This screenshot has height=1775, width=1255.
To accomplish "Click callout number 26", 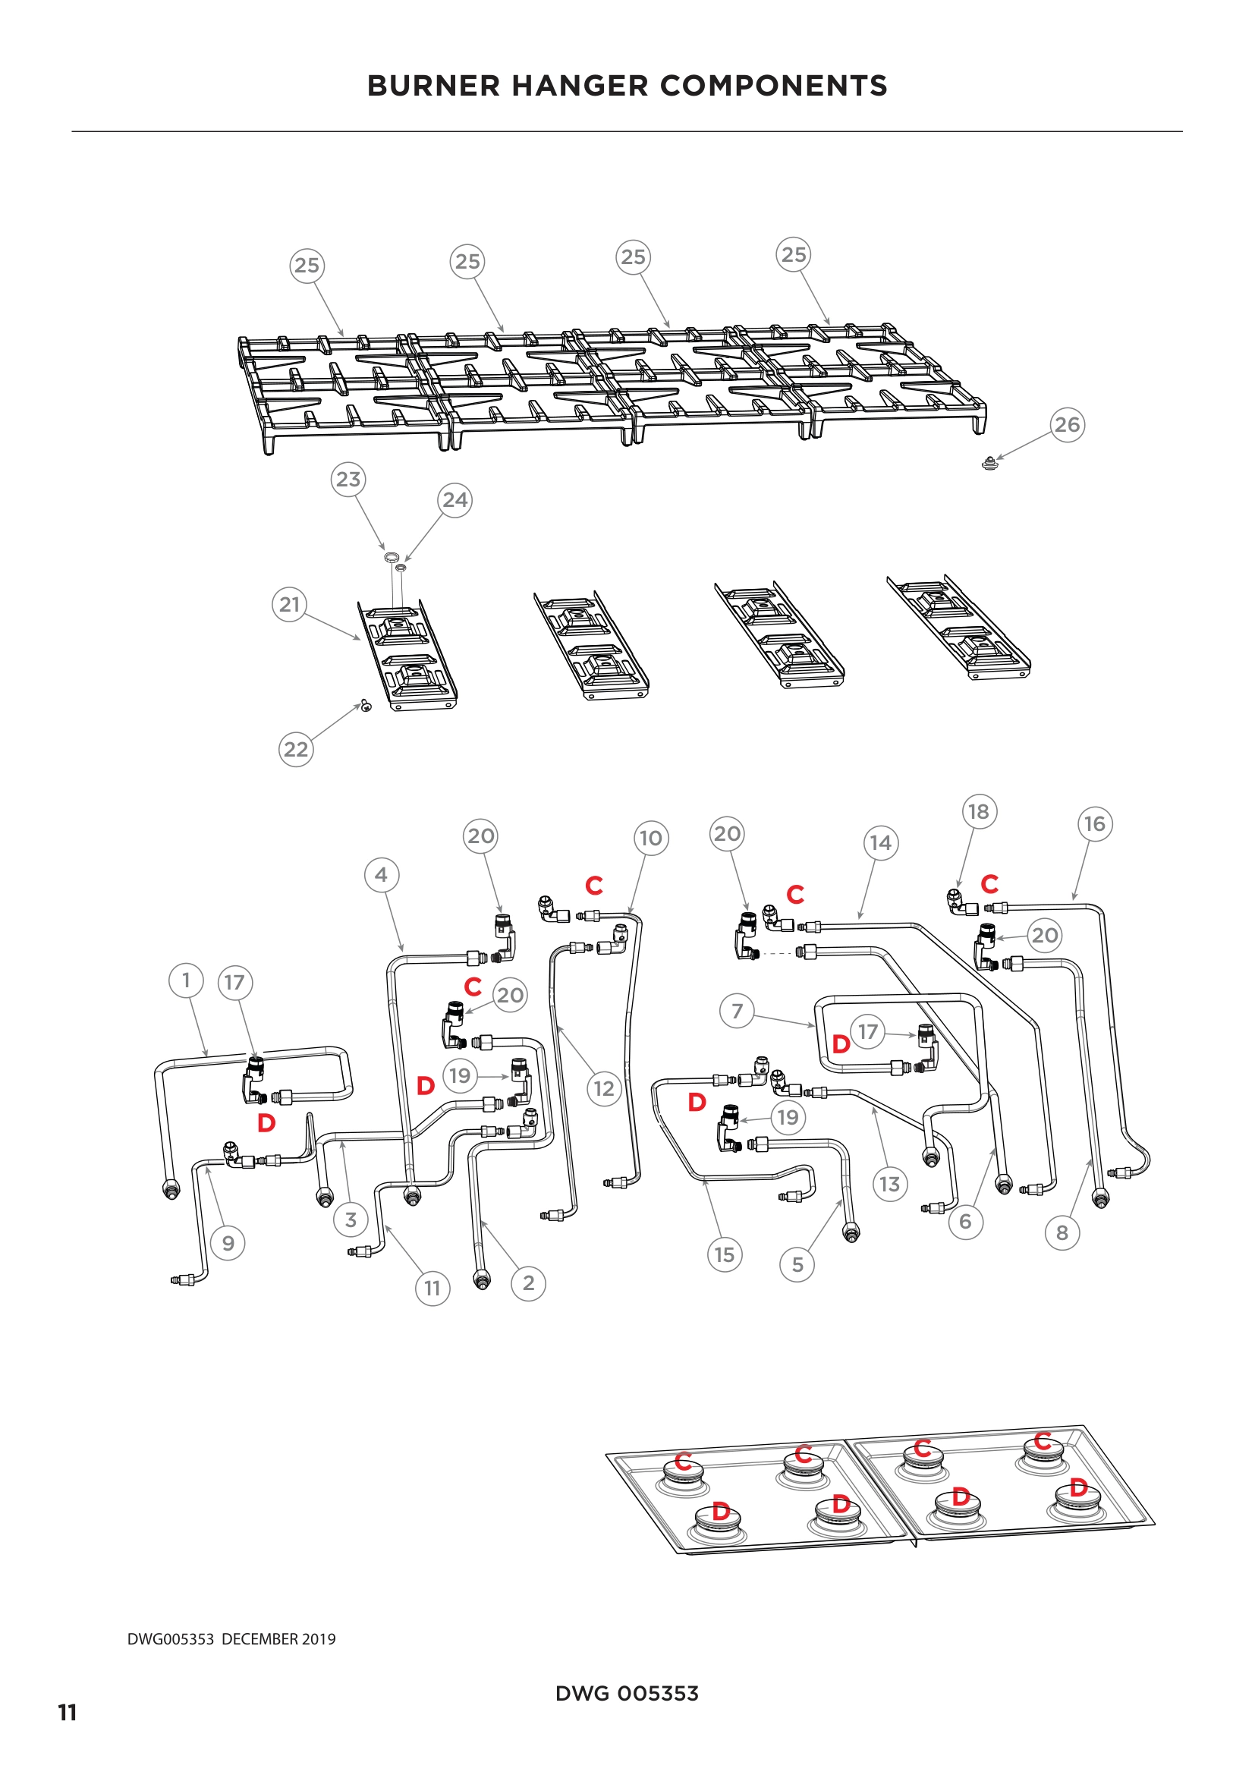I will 1068,424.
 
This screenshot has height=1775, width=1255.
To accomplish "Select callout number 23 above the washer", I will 348,480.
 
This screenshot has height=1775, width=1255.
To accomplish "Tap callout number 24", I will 455,500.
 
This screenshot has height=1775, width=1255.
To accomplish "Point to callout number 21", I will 289,604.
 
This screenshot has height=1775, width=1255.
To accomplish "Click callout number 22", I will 295,749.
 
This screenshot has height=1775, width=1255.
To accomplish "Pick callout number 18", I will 978,812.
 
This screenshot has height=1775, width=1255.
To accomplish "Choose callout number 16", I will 1094,824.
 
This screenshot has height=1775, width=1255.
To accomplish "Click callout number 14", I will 880,842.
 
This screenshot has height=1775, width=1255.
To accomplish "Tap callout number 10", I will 651,838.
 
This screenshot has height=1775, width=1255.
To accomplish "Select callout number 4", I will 381,875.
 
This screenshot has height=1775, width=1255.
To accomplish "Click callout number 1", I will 185,980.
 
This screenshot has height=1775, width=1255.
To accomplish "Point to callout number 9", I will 228,1243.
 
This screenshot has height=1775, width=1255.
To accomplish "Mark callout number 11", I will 432,1288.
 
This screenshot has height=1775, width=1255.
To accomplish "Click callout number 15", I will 724,1254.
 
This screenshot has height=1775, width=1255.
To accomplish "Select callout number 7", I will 737,1010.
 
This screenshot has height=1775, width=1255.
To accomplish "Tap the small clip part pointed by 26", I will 989,464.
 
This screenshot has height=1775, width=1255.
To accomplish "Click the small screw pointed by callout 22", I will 366,705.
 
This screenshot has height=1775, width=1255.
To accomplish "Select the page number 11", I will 68,1714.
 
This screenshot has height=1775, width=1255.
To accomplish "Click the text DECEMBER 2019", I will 278,1640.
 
